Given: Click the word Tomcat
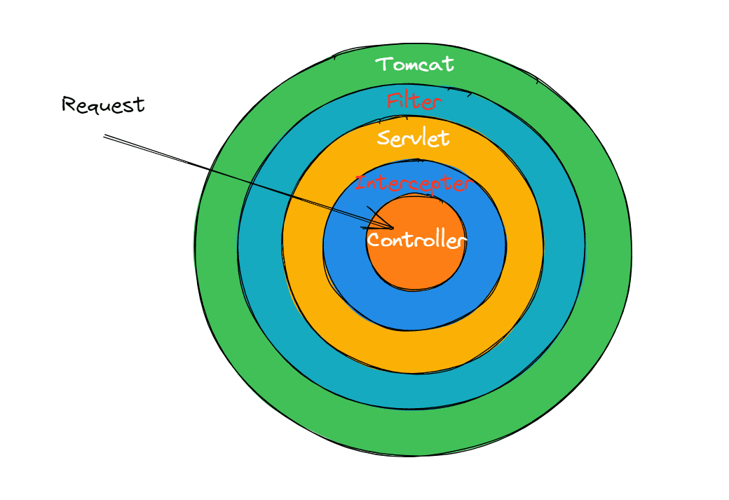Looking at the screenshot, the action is coord(415,65).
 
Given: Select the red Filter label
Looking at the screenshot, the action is coord(414,101).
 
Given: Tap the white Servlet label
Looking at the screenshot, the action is coord(413,138).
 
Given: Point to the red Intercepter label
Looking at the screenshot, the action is coord(414,183).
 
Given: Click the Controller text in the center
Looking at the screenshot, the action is coord(416,240).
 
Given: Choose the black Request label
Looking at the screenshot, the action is coord(103,104).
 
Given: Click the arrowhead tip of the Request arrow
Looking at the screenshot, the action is coord(393,229).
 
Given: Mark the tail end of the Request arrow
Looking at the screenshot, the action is coord(104,136).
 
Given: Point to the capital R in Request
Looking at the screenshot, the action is coord(69,104).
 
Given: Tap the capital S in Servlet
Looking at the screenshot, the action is coord(383,137).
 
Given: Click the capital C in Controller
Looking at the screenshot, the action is coord(374,240).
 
